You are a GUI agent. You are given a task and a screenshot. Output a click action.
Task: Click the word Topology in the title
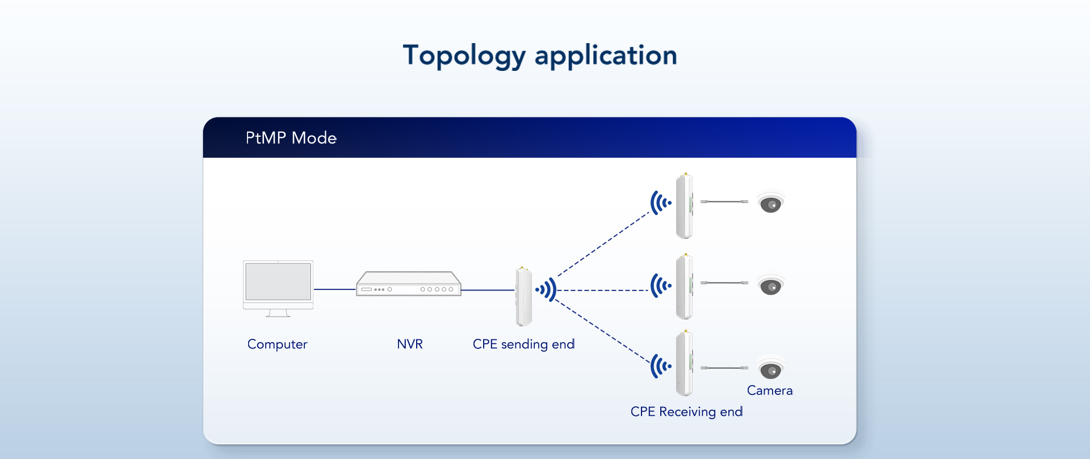(x=464, y=56)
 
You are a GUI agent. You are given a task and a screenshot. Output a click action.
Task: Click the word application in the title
(x=606, y=56)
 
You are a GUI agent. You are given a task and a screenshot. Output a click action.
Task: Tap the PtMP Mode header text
(x=291, y=138)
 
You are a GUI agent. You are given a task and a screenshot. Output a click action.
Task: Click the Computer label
(x=277, y=344)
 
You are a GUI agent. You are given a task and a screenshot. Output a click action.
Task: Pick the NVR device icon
(x=408, y=284)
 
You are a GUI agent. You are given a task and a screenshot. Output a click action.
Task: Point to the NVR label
(x=409, y=344)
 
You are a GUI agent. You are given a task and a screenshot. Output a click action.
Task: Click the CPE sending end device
(x=523, y=296)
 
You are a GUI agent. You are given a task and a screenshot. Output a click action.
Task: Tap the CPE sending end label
(x=523, y=344)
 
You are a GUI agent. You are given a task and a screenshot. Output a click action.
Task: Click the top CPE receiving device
(x=684, y=206)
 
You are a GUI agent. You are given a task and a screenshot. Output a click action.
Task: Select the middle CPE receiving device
(x=684, y=287)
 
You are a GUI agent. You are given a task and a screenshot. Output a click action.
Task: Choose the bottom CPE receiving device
(x=684, y=364)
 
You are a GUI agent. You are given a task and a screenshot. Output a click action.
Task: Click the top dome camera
(x=770, y=203)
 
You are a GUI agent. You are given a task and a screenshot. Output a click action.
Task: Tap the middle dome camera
(x=770, y=285)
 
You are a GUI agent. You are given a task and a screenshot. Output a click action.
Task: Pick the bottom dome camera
(x=770, y=369)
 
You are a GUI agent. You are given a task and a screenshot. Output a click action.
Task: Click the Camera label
(x=769, y=390)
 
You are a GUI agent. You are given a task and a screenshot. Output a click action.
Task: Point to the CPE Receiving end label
(x=686, y=412)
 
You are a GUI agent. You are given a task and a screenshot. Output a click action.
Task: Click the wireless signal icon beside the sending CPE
(x=546, y=290)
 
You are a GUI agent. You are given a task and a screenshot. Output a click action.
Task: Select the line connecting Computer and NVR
(x=335, y=289)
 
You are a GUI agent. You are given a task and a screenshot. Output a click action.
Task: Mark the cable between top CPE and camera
(x=724, y=201)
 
